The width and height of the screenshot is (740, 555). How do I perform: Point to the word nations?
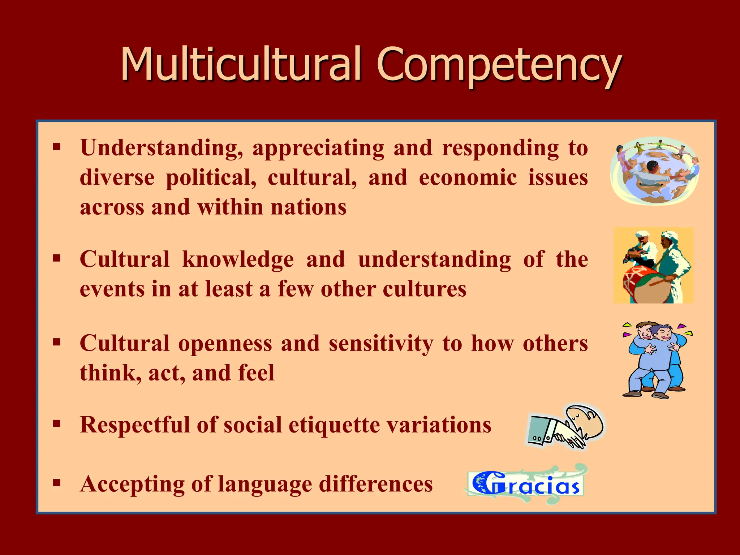(309, 207)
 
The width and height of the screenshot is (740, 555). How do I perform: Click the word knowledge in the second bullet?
(238, 259)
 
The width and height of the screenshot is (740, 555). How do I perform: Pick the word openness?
(225, 343)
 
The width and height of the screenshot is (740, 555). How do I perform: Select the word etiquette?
(334, 425)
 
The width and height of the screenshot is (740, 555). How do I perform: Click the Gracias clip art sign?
(526, 484)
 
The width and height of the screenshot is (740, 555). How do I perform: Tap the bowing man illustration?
(565, 427)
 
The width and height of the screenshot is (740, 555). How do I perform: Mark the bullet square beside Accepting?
(57, 483)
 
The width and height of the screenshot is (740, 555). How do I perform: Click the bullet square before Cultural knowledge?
(57, 258)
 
